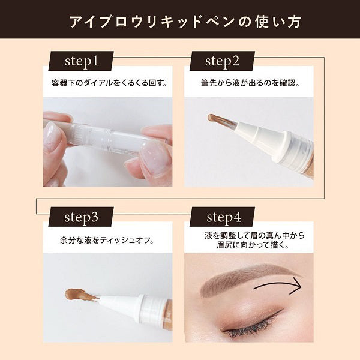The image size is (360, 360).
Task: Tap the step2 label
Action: click(222, 61)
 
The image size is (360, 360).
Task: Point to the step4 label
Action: click(222, 217)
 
